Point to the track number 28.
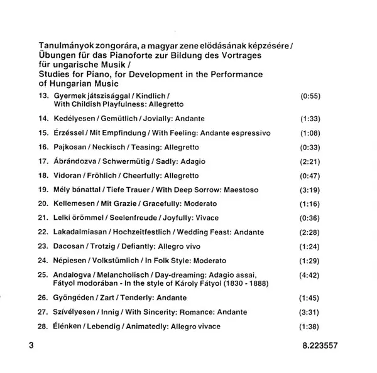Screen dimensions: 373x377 (43, 327)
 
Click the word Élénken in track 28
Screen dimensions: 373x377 (67, 327)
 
